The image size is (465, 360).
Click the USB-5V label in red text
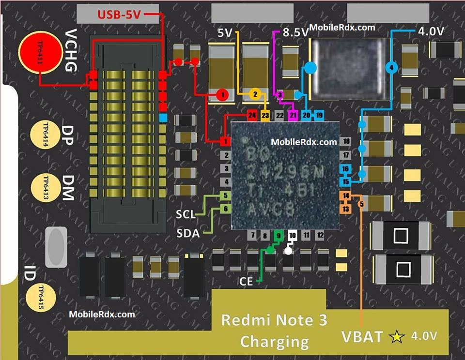click(120, 15)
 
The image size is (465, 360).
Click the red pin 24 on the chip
click(251, 116)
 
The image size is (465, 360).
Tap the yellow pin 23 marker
click(265, 116)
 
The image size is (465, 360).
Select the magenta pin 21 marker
click(293, 116)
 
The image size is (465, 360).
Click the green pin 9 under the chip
click(278, 236)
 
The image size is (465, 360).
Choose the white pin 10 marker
click(292, 236)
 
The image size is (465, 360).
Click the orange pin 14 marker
click(345, 196)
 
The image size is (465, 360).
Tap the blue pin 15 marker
click(345, 182)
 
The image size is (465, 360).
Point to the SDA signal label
click(188, 234)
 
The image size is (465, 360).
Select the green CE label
click(246, 281)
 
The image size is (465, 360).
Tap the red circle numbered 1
click(222, 95)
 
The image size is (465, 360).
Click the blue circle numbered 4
click(391, 68)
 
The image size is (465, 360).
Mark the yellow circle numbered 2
click(255, 95)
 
